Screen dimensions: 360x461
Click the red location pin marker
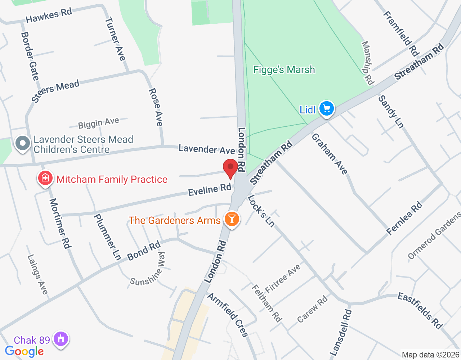coord(230,168)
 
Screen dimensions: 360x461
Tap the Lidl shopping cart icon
coord(327,108)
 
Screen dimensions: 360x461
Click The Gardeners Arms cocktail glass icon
coord(232,219)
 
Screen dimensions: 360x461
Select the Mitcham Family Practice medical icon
coord(45,178)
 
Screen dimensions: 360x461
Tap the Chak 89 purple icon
coord(61,339)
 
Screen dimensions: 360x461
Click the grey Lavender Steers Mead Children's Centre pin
coord(23,143)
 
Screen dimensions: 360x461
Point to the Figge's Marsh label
coord(284,69)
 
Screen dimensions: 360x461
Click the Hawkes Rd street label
coord(49,15)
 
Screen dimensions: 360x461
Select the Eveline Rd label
coord(210,189)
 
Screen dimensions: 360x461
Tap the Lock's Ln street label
coord(261,211)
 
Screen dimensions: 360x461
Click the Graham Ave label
coord(330,154)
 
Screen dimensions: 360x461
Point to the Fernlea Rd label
coord(404,219)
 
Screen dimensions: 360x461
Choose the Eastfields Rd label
coord(420,311)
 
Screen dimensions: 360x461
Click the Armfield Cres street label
coord(228,315)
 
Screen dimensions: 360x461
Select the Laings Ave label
coord(37,274)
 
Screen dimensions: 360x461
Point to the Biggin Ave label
coord(98,123)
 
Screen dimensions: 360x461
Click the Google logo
coord(24,351)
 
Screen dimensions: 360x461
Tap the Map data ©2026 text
coord(430,355)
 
